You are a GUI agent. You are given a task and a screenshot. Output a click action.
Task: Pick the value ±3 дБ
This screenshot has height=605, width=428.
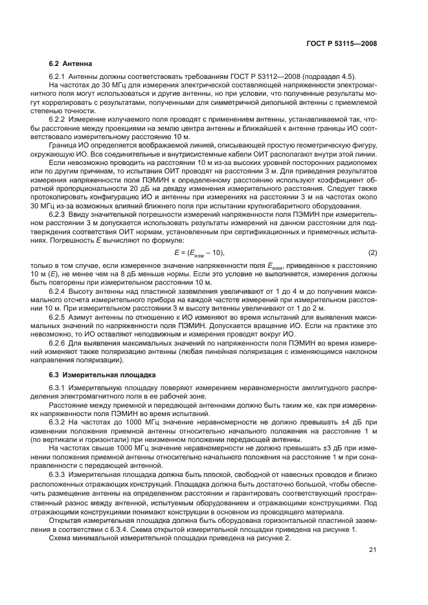pyautogui.click(x=326, y=447)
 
